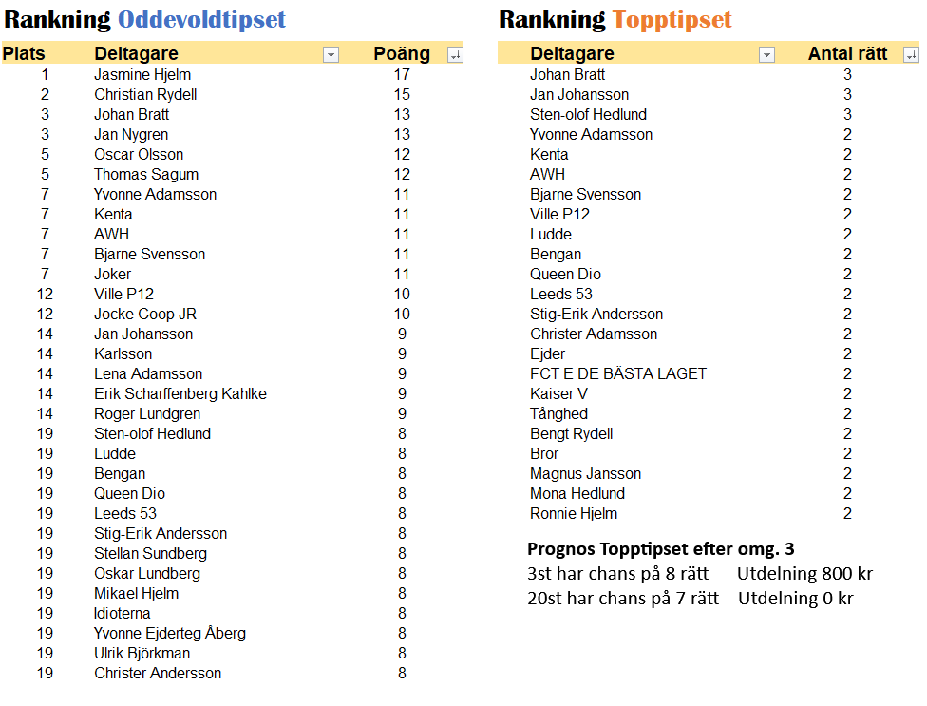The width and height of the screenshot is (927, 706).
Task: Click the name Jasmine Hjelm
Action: pos(142,74)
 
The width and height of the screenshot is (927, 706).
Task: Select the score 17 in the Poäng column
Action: pos(402,74)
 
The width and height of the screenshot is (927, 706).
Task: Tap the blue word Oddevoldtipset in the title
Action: pos(202,20)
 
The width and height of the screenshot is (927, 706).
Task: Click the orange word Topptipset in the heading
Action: pos(672,20)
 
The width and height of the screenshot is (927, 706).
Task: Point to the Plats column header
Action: pos(24,54)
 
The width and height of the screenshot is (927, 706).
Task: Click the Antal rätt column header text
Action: pos(847,54)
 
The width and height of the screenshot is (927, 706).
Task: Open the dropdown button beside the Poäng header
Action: pos(455,55)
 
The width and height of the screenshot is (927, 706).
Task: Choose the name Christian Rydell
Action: pos(145,94)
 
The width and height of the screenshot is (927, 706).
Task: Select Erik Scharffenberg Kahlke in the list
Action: pos(180,393)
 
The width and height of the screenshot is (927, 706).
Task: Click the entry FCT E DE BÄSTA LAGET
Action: pos(618,373)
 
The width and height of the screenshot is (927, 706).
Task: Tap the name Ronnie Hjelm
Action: pos(574,513)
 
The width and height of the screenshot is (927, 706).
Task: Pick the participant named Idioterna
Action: pos(123,613)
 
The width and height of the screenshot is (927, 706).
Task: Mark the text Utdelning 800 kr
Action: pos(804,573)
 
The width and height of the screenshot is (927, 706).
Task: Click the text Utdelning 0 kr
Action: pos(796,598)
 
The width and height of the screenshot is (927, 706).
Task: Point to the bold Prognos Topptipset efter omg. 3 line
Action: pos(660,548)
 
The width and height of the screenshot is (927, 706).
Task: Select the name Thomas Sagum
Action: pos(146,174)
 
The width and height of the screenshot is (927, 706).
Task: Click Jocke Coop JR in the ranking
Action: pos(145,314)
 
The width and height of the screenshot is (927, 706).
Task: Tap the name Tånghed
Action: pos(559,413)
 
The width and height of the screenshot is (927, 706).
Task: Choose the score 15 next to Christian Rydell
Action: pos(402,94)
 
